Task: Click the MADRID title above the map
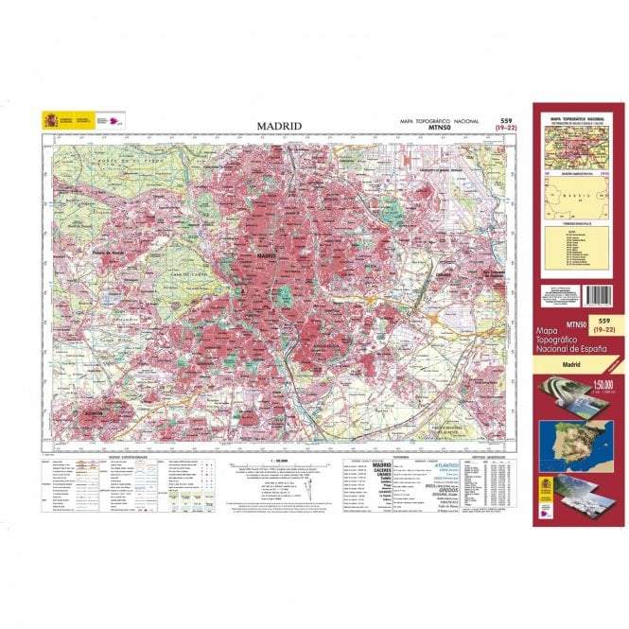click(279, 126)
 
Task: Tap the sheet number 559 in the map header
click(505, 120)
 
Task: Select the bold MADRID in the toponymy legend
click(382, 465)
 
